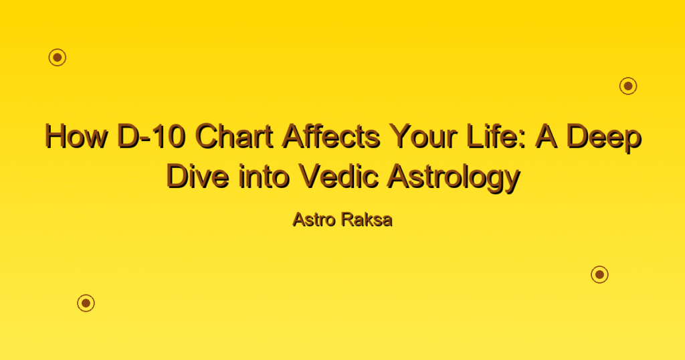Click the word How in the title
76,137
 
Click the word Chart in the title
234,137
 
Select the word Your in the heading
423,137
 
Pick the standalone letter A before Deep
547,137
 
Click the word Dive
197,176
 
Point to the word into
264,176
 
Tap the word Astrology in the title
453,178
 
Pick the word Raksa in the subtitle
367,219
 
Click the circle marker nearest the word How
58,58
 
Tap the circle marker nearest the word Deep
628,86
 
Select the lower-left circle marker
86,302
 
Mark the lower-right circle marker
600,274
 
